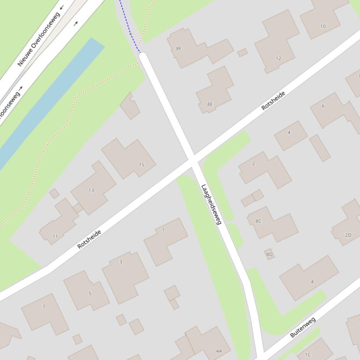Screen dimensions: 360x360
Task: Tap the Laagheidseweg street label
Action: pos(211,204)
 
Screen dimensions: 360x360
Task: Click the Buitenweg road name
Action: pos(303,327)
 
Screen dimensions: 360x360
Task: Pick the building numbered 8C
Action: pos(272,223)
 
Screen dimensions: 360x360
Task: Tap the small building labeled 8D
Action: pos(269,254)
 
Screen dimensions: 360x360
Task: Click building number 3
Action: pos(125,276)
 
